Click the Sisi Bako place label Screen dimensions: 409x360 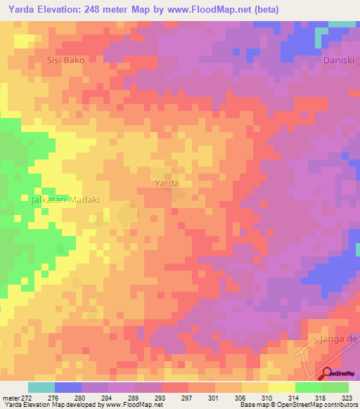point(65,60)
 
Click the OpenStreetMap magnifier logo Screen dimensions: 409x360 point(328,373)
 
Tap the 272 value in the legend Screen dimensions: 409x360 point(27,398)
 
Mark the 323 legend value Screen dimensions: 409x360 point(348,398)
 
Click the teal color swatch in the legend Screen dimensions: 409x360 point(41,387)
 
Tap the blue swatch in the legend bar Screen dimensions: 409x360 point(67,387)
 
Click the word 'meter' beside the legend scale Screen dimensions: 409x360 point(10,398)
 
